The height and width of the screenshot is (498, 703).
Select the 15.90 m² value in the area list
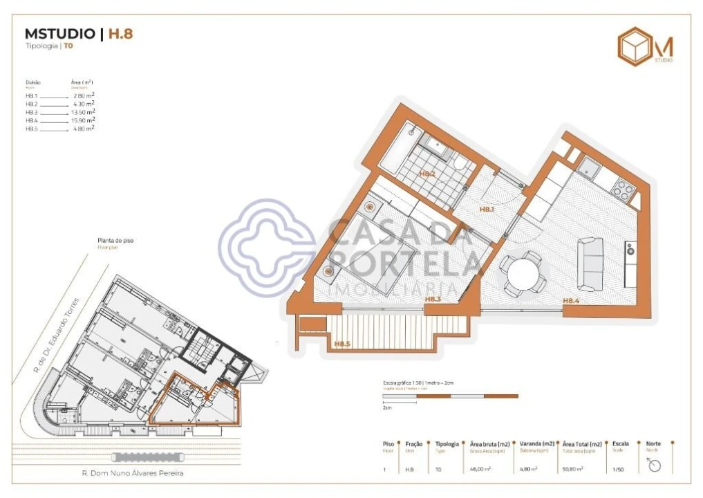click(x=84, y=120)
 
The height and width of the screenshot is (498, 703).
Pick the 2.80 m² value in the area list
click(x=84, y=95)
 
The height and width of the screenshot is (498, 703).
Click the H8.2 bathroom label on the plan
click(x=427, y=174)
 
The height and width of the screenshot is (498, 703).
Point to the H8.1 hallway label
click(x=488, y=208)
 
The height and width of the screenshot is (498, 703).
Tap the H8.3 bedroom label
click(x=433, y=299)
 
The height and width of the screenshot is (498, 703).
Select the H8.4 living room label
click(x=570, y=300)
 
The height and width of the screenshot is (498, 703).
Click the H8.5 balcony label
click(x=342, y=344)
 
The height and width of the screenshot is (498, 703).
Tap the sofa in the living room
click(x=590, y=264)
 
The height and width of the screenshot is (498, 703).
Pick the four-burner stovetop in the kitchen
click(x=620, y=189)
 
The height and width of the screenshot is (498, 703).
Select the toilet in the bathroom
click(x=460, y=163)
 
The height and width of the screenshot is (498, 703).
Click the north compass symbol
click(x=654, y=465)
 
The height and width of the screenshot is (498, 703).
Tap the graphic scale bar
click(x=449, y=396)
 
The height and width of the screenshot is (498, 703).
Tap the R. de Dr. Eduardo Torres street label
click(x=57, y=335)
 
